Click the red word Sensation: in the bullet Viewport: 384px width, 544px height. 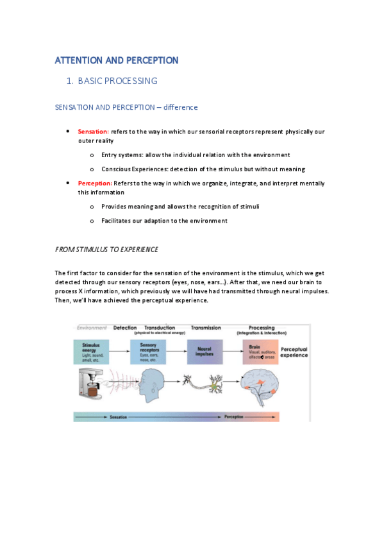[94, 132]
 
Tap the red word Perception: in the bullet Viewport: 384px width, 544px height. [95, 183]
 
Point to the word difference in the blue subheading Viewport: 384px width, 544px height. [181, 107]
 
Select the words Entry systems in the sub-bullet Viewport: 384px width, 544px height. [124, 155]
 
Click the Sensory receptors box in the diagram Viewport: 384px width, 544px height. [148, 352]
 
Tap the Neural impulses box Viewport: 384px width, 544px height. [205, 352]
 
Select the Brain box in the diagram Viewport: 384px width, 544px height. [260, 352]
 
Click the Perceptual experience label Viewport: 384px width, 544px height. [294, 352]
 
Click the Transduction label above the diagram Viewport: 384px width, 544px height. [160, 328]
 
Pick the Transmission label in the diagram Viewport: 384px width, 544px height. [206, 328]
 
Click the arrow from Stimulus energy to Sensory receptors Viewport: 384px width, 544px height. [119, 352]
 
